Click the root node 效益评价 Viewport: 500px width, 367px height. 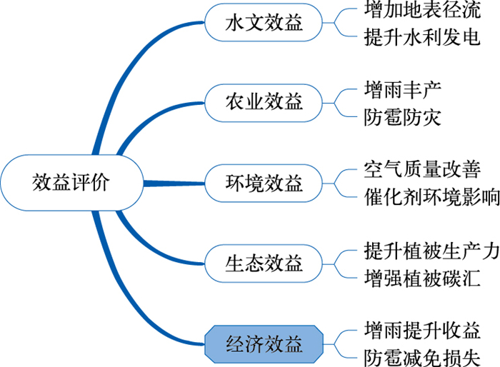(71, 183)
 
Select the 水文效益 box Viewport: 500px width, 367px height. (264, 24)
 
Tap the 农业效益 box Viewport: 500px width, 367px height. (264, 103)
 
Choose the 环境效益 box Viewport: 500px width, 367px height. (264, 183)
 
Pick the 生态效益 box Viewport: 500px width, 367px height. (264, 263)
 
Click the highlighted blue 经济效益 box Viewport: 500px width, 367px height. (264, 343)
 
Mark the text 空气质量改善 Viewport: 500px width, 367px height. (421, 171)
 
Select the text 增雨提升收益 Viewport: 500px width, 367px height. (421, 331)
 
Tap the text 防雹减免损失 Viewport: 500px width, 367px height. (421, 356)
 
